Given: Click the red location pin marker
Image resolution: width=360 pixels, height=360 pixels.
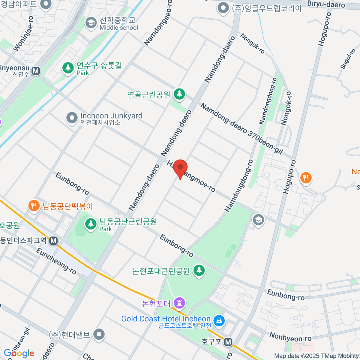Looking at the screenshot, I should pos(180,167).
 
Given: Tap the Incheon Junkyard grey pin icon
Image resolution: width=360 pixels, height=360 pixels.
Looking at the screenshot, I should pos(72,118).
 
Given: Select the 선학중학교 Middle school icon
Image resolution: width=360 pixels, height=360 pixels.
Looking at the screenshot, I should pos(91,23).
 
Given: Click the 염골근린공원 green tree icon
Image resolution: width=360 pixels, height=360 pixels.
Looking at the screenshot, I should pos(179,94).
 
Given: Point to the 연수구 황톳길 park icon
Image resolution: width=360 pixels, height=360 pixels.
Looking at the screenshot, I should pos(68,68).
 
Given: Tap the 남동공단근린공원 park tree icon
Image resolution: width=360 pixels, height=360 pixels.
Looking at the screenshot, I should pos(90,224).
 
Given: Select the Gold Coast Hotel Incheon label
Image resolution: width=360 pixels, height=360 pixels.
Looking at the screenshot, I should pos(166,319).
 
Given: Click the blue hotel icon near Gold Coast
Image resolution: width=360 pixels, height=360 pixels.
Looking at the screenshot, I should pos(219,320).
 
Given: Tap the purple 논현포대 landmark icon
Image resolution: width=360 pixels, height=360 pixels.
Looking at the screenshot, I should pos(180,303).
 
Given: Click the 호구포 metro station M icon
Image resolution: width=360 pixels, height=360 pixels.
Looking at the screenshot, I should pos(228,342).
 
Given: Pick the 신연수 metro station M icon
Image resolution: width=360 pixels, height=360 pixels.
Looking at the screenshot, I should pos(36,71).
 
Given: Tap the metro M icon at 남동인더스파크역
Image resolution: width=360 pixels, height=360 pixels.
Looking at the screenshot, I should pos(53,241).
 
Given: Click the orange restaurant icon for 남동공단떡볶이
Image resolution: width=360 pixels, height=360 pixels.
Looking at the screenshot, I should pos(34,206).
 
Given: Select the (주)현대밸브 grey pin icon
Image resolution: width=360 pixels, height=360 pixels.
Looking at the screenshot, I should pos(99,334).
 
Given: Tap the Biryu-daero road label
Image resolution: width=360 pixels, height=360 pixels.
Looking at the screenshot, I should pos(326,4).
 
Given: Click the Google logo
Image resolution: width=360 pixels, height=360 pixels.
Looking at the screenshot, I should pos(19,353).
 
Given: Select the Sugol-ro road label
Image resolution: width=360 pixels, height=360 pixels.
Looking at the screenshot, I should pos(348,59).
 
